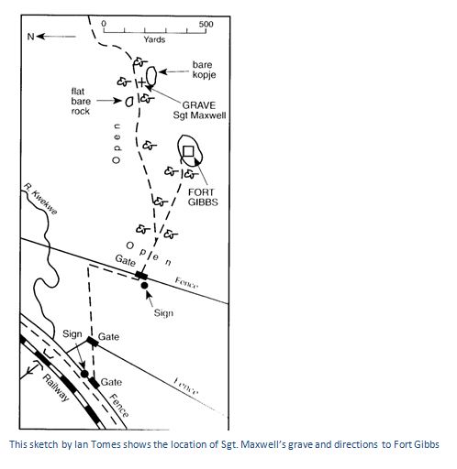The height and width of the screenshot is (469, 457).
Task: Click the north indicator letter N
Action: pos(30,37)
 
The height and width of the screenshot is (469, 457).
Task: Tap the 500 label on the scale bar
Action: pos(206,24)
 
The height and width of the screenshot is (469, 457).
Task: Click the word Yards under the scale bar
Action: pos(154,39)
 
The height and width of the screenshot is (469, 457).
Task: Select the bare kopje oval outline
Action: pos(151,75)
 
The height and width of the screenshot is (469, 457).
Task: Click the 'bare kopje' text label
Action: pos(204,70)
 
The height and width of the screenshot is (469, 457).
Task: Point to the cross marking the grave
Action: pos(141,82)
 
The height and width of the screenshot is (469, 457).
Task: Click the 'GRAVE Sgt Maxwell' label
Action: pos(199,110)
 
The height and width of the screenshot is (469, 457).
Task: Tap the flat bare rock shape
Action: pos(129,102)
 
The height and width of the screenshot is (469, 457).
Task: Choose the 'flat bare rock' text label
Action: pos(81,102)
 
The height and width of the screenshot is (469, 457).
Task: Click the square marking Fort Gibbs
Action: pos(188,151)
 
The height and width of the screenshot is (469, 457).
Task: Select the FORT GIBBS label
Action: pos(203,197)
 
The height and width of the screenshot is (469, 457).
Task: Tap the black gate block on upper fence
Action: pos(141,275)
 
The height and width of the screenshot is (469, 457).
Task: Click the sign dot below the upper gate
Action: pos(144,286)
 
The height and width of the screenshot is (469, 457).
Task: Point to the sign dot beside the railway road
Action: pos(84,374)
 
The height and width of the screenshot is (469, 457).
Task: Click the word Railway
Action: pos(56,387)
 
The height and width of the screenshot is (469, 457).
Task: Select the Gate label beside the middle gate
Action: pos(108,337)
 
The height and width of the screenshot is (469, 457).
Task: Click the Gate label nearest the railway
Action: pos(111,382)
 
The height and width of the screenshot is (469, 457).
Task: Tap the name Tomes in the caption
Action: pos(109,444)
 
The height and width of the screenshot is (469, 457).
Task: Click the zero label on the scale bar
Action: pos(104,24)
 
